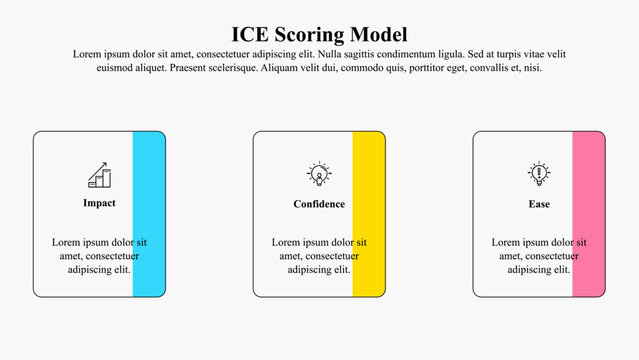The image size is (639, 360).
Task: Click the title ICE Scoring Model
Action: pos(319,34)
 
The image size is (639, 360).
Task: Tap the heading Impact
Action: pos(99,203)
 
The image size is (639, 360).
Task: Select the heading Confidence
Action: pos(319,204)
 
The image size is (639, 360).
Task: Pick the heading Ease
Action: pos(539,204)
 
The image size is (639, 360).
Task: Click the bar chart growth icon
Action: pos(99,176)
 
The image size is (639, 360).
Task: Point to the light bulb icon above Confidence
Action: pos(319,175)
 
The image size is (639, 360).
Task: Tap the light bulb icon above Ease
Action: pos(539,175)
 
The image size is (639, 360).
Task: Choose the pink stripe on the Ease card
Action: pos(587,214)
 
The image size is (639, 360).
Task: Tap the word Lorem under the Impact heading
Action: pos(66,242)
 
